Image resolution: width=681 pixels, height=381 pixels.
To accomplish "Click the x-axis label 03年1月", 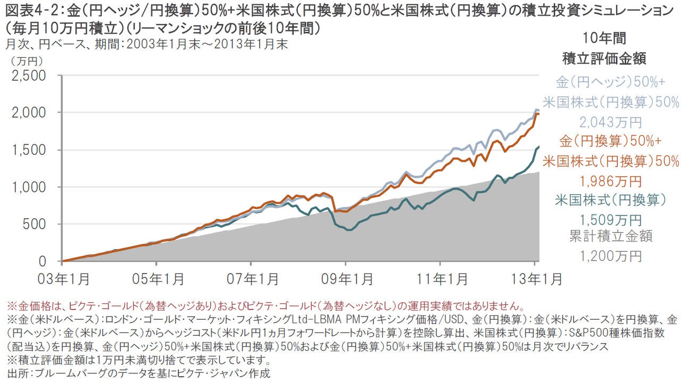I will [63, 278].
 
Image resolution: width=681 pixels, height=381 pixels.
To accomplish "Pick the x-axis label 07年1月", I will [251, 278].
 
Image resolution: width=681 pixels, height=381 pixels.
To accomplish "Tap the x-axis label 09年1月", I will [345, 278].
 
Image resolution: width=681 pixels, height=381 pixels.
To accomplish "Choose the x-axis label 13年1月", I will [534, 278].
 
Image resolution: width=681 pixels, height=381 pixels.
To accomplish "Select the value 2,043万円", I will [610, 123].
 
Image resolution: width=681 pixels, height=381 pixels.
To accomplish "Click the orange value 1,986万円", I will [610, 181].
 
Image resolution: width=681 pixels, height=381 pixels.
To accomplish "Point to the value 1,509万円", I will [610, 219].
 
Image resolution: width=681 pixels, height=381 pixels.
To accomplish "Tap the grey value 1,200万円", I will [610, 256].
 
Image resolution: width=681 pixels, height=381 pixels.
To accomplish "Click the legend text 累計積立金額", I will [610, 236].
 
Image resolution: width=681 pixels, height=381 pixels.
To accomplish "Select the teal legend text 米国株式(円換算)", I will [610, 200].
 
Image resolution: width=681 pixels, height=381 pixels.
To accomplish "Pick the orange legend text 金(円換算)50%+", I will [610, 142].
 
